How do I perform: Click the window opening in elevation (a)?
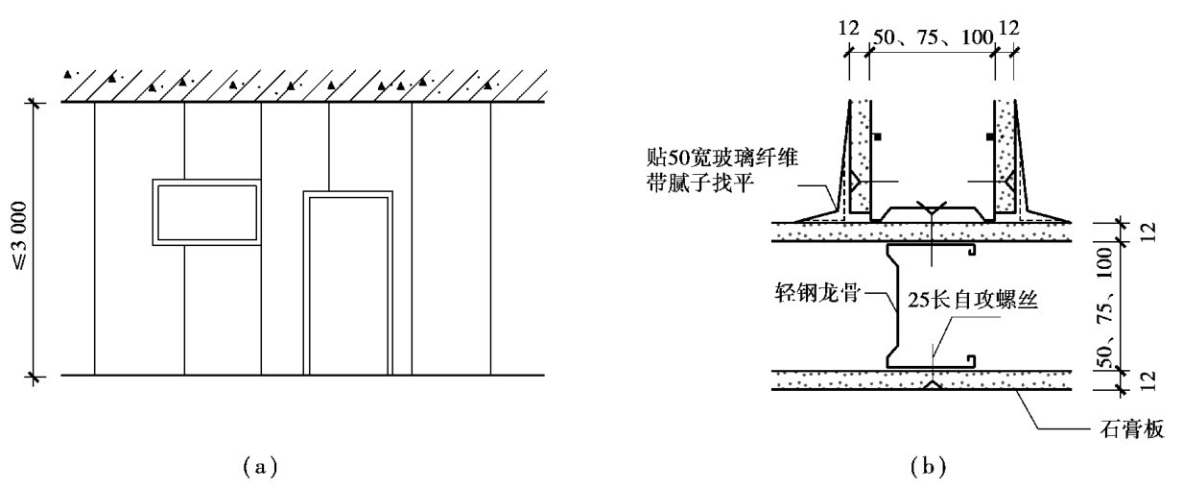(x=206, y=211)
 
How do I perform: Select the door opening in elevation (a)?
(x=347, y=284)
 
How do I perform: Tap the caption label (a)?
(x=259, y=468)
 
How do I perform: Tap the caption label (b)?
(x=929, y=468)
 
